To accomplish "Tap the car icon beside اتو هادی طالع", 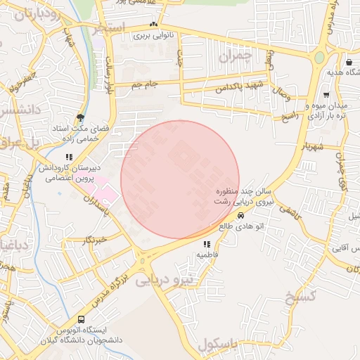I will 241,216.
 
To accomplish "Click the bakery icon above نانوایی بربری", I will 153,25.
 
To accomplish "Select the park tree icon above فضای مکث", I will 81,117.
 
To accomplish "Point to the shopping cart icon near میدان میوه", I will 325,94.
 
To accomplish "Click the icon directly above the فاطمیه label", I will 206,243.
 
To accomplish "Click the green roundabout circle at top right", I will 320,57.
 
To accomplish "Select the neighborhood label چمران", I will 235,53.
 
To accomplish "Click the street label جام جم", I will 145,84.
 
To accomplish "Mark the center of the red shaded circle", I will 180,179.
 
